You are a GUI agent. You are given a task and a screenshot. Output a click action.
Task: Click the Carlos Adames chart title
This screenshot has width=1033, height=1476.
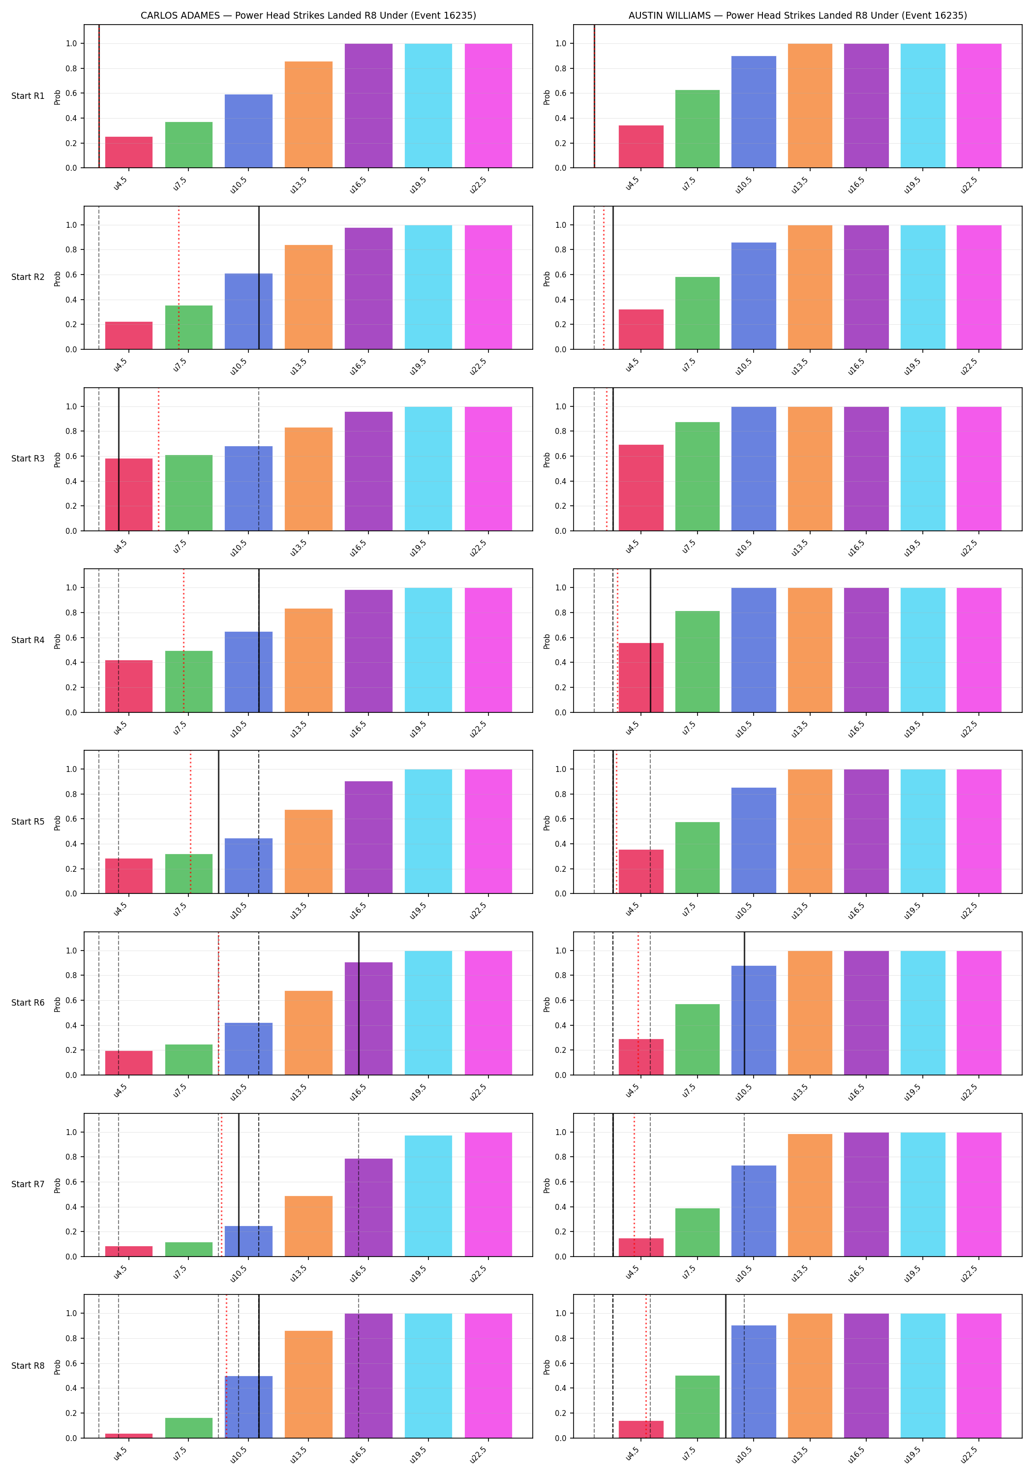[308, 15]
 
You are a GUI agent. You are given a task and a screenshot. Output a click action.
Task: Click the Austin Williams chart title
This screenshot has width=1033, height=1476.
[798, 15]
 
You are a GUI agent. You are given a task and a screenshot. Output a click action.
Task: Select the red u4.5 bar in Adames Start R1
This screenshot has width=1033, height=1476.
[129, 153]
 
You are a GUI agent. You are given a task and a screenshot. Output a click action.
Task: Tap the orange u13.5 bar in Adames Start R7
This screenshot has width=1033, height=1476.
[308, 1226]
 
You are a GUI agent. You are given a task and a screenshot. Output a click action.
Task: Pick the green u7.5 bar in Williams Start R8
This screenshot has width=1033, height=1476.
[698, 1407]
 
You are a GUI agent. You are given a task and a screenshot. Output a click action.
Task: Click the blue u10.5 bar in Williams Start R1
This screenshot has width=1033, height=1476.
[754, 112]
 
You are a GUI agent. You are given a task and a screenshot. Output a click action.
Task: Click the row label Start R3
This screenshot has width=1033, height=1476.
[28, 459]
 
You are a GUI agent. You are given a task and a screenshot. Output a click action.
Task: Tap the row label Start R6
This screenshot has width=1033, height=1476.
[28, 1003]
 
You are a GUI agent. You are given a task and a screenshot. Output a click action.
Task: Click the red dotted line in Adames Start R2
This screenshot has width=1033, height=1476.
[179, 277]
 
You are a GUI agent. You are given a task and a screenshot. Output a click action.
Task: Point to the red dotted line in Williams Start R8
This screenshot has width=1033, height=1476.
[646, 1366]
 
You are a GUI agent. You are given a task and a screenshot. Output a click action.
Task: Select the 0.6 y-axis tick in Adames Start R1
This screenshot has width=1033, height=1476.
[71, 93]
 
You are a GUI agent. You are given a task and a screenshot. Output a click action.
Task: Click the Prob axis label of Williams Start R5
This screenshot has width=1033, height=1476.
[547, 822]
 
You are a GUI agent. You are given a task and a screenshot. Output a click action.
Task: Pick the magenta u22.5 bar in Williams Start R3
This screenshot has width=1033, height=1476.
[979, 469]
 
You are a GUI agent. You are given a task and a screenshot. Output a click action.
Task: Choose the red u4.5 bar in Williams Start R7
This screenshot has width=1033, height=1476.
[641, 1247]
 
